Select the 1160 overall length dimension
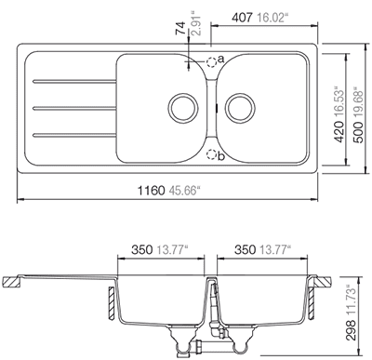pos(151,191)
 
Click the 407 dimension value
pos(243,18)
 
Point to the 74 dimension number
pos(180,28)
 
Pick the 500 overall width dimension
pos(359,132)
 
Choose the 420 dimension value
pos(339,132)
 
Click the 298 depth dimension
pos(351,330)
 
